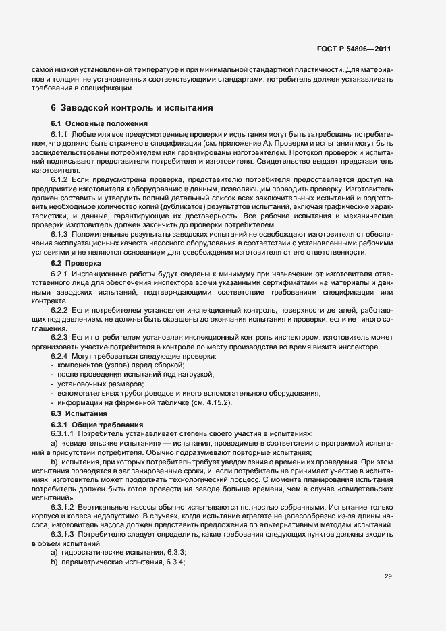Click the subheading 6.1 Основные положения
(x=94, y=124)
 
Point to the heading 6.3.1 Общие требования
(x=96, y=424)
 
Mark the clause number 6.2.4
(x=61, y=355)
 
